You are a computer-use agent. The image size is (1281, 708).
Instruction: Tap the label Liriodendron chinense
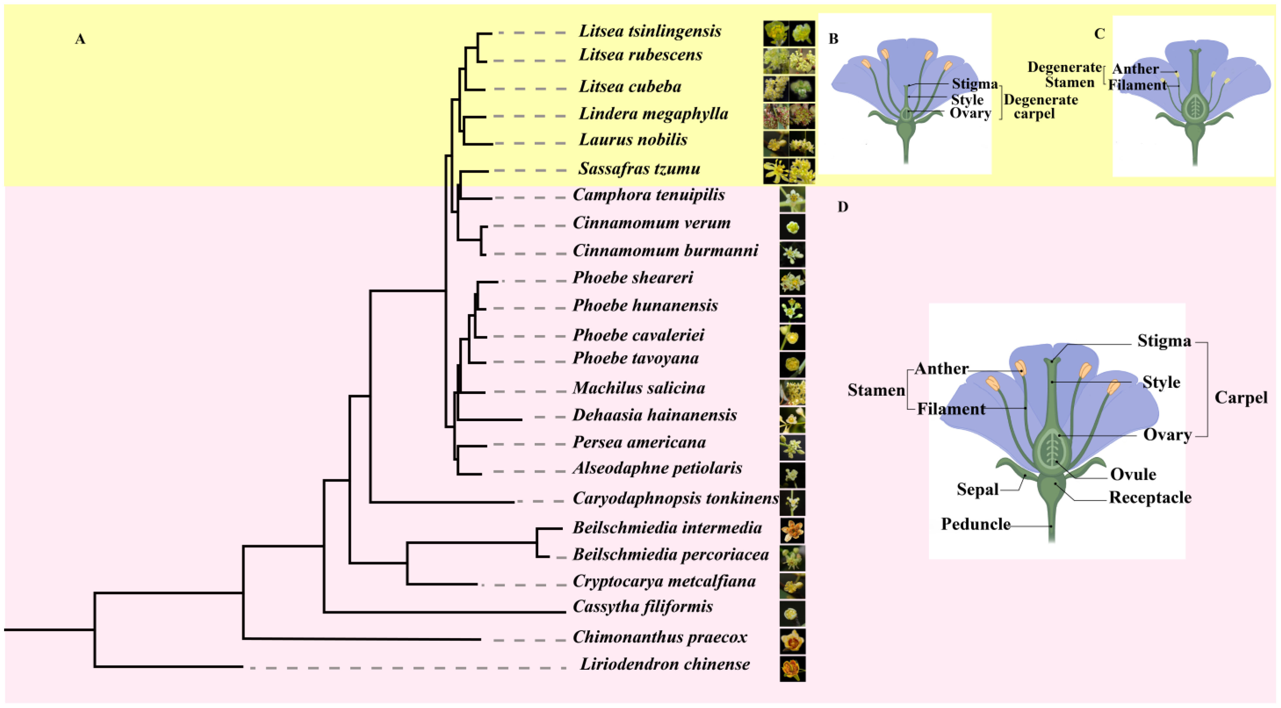pyautogui.click(x=665, y=664)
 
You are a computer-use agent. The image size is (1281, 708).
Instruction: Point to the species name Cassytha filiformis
pyautogui.click(x=642, y=607)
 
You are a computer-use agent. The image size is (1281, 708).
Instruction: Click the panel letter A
pyautogui.click(x=80, y=39)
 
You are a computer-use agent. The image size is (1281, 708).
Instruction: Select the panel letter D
pyautogui.click(x=842, y=207)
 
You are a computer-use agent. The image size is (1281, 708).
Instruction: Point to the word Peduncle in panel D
pyautogui.click(x=975, y=524)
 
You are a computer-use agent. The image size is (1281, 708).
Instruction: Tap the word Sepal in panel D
pyautogui.click(x=977, y=489)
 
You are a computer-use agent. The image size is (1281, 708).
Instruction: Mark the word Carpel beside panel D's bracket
pyautogui.click(x=1241, y=398)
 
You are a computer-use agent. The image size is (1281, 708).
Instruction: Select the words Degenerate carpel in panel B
pyautogui.click(x=1040, y=106)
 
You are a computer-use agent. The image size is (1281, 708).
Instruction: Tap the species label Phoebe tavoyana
pyautogui.click(x=636, y=358)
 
